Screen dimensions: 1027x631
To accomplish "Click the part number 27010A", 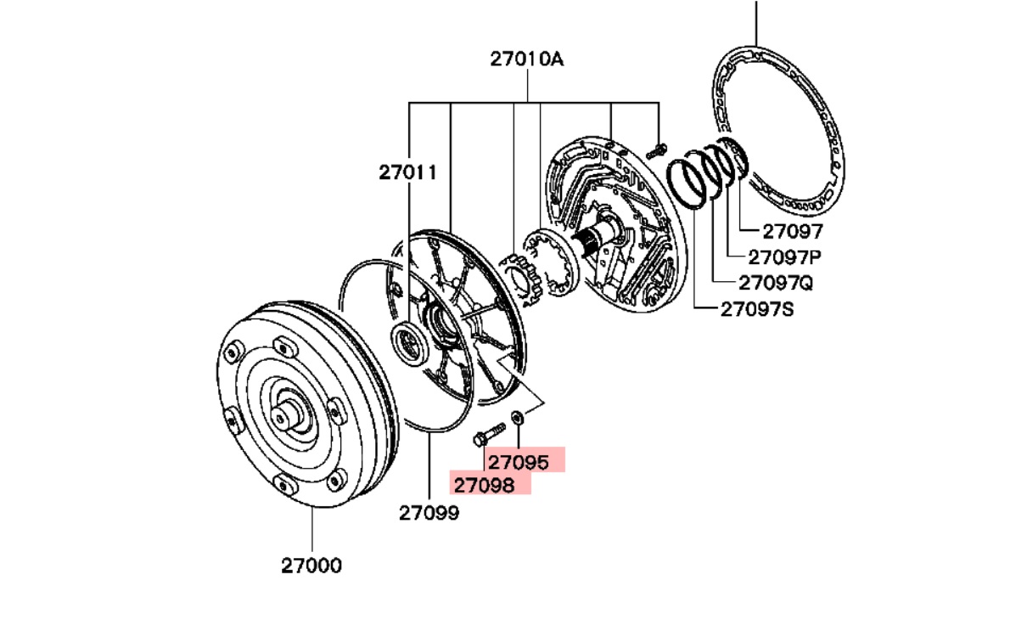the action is coord(527,59).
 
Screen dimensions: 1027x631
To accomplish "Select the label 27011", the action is coord(407,173).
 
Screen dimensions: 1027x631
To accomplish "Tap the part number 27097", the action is coord(793,231).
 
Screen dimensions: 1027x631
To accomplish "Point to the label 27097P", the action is coord(784,257).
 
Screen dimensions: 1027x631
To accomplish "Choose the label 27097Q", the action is coord(776,283).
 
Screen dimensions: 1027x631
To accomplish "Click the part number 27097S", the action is coord(757,310).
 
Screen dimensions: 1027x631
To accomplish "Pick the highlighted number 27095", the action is coord(518,462).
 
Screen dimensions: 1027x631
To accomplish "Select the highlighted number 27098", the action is coord(484,485).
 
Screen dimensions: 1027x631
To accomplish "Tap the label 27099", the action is coord(429,513).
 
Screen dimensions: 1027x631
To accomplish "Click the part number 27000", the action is coord(311,566).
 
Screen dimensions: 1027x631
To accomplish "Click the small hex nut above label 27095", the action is coord(518,417).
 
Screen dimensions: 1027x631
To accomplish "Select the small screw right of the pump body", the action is coord(657,151).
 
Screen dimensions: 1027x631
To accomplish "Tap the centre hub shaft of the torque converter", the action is coord(288,416).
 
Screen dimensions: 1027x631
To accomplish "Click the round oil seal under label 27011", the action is coord(409,344).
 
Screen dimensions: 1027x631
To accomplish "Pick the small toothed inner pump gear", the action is coord(521,280).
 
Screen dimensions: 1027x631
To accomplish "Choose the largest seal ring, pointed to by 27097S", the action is coord(685,184).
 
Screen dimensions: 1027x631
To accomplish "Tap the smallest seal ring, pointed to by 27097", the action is coord(735,157).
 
